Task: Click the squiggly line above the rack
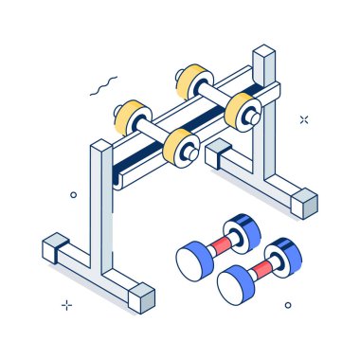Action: coord(103,87)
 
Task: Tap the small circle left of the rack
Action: coord(74,194)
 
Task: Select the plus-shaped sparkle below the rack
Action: coord(66,305)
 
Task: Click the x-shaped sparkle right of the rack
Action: coord(304,119)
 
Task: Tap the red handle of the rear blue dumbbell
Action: coord(217,244)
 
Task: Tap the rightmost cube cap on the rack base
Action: coord(304,202)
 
